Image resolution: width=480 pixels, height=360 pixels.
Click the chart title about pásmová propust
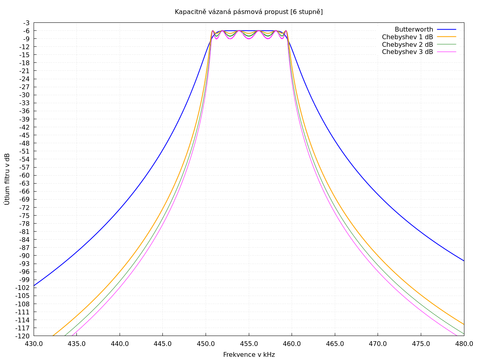pyautogui.click(x=248, y=12)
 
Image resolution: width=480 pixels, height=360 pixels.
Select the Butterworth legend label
pyautogui.click(x=414, y=30)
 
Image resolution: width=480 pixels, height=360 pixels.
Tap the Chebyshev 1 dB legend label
pyautogui.click(x=407, y=37)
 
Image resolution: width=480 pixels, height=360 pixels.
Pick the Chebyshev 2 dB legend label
pyautogui.click(x=407, y=44)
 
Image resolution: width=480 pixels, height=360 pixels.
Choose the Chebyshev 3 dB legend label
pyautogui.click(x=407, y=52)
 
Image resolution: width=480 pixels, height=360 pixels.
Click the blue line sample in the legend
pyautogui.click(x=446, y=30)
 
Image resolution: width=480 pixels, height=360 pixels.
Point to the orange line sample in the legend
pyautogui.click(x=446, y=37)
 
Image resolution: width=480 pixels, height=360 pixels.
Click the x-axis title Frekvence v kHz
pyautogui.click(x=249, y=354)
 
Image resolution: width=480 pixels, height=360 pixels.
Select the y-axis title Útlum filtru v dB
pyautogui.click(x=7, y=179)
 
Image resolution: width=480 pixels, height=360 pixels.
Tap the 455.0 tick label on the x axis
pyautogui.click(x=249, y=344)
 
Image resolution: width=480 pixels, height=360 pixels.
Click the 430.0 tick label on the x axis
pyautogui.click(x=34, y=344)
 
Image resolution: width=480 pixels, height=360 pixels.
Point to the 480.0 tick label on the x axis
pyautogui.click(x=464, y=344)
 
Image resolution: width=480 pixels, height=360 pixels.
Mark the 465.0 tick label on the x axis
pyautogui.click(x=335, y=344)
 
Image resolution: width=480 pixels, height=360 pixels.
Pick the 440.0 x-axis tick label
pyautogui.click(x=120, y=344)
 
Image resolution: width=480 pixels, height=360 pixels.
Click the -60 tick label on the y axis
pyautogui.click(x=25, y=175)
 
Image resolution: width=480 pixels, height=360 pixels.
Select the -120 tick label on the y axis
pyautogui.click(x=23, y=336)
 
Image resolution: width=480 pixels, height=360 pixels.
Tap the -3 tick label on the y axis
pyautogui.click(x=26, y=23)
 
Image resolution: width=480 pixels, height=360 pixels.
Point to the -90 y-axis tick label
pyautogui.click(x=25, y=256)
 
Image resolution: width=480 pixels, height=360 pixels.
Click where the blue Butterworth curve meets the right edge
pyautogui.click(x=464, y=261)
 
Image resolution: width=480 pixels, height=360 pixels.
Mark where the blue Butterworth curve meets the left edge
pyautogui.click(x=34, y=285)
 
